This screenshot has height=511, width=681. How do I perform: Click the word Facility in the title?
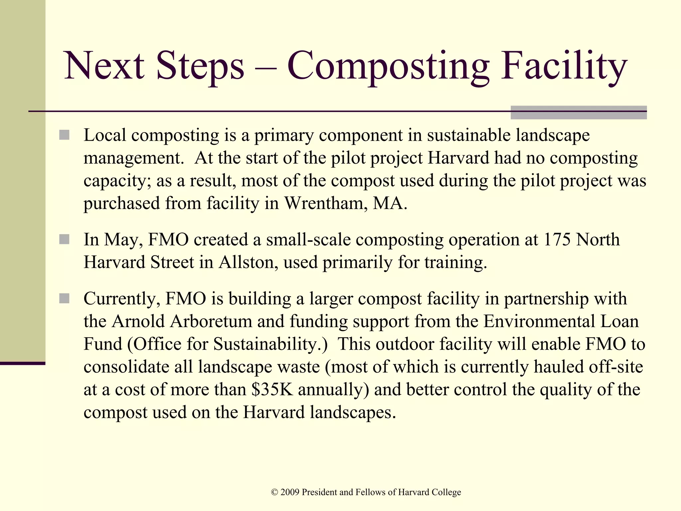coord(564,66)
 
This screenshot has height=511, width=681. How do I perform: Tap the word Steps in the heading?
coord(200,66)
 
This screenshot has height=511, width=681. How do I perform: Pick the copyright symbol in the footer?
coord(274,492)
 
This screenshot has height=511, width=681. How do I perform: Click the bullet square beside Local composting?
coord(64,135)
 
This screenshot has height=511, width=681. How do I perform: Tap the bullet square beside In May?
coord(64,240)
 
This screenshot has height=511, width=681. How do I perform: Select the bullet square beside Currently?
coord(64,298)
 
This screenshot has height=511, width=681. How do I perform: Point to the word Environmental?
coord(539,321)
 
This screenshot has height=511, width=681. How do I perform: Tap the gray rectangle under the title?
coord(578,112)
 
